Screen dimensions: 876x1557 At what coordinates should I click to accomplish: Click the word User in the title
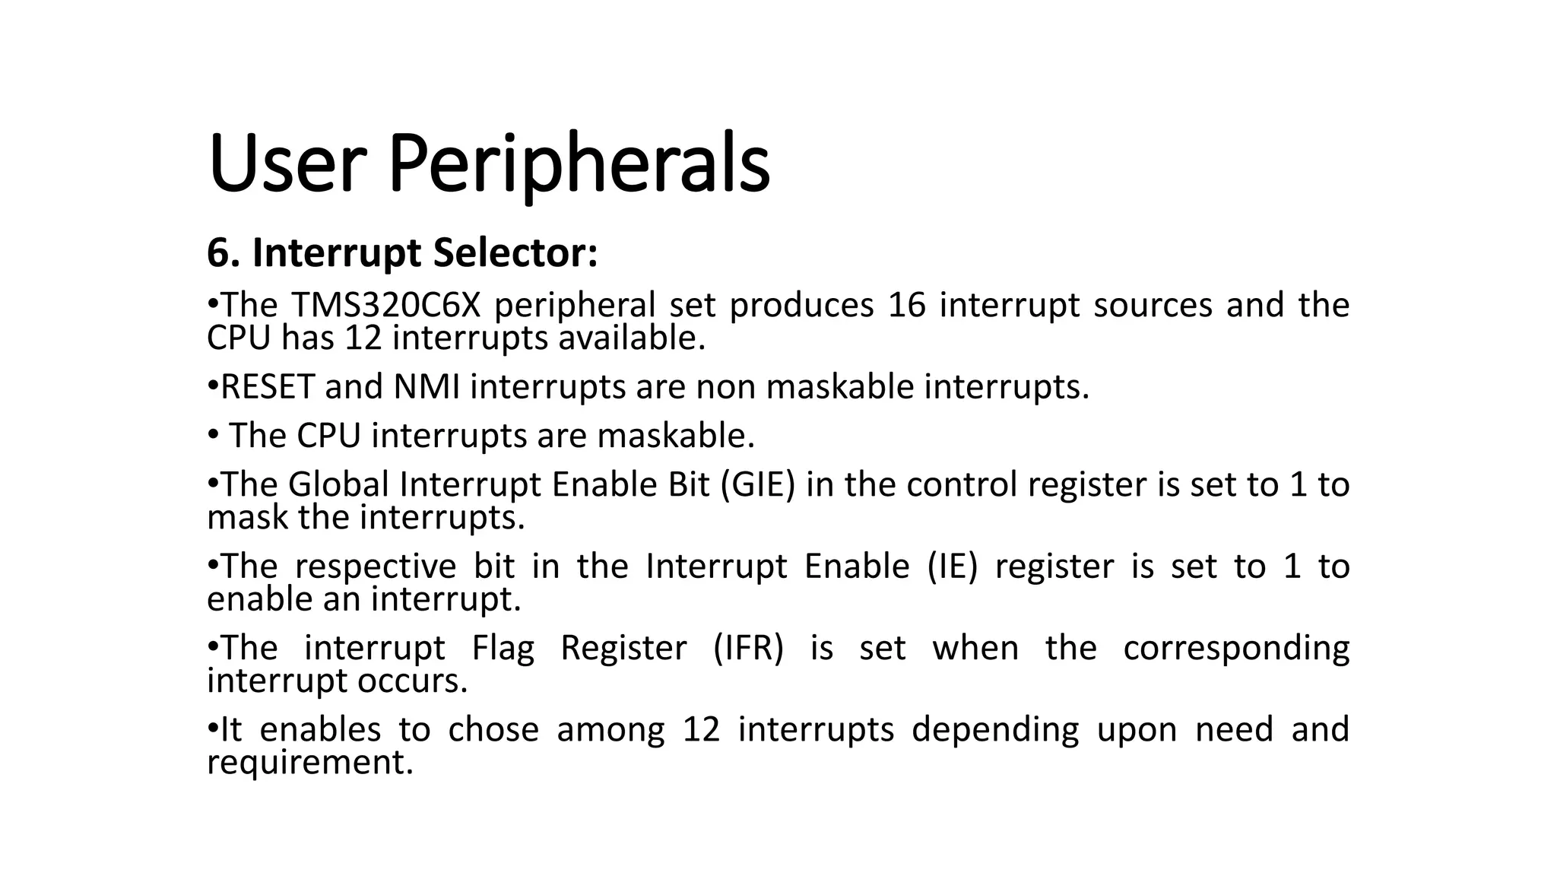287,163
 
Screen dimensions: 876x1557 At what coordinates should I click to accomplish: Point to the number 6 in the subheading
218,252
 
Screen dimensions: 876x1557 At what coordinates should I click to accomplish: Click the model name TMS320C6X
385,306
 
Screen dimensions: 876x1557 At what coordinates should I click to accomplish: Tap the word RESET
267,387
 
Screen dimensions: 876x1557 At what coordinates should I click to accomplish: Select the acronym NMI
427,387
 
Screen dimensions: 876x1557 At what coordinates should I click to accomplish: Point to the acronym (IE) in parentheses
952,567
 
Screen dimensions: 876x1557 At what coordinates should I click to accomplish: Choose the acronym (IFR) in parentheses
748,648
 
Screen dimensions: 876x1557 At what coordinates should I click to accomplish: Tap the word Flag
503,648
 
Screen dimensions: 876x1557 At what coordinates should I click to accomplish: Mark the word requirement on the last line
310,763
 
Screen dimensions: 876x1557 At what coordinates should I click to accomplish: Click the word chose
493,729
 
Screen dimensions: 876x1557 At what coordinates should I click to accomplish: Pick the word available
632,338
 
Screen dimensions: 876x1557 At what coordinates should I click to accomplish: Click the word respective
375,567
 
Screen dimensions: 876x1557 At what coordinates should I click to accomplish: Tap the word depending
995,730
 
